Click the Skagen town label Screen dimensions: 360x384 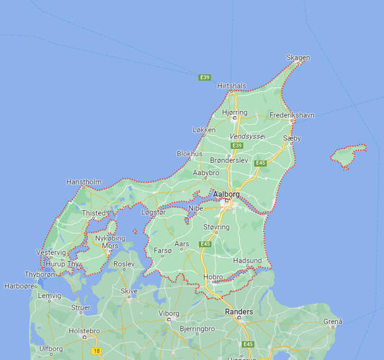[298, 58]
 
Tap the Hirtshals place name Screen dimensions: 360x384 [231, 86]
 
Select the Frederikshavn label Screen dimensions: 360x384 [293, 115]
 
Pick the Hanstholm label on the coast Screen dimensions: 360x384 [84, 182]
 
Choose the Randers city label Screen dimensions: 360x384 [239, 312]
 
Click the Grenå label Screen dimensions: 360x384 [333, 321]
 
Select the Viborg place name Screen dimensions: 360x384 [169, 314]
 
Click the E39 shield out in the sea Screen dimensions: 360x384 [205, 77]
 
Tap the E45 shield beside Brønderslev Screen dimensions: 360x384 [261, 163]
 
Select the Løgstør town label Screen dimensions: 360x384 [153, 212]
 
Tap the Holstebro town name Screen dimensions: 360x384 [82, 331]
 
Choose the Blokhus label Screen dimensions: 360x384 [189, 153]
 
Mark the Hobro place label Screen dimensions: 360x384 [214, 276]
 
